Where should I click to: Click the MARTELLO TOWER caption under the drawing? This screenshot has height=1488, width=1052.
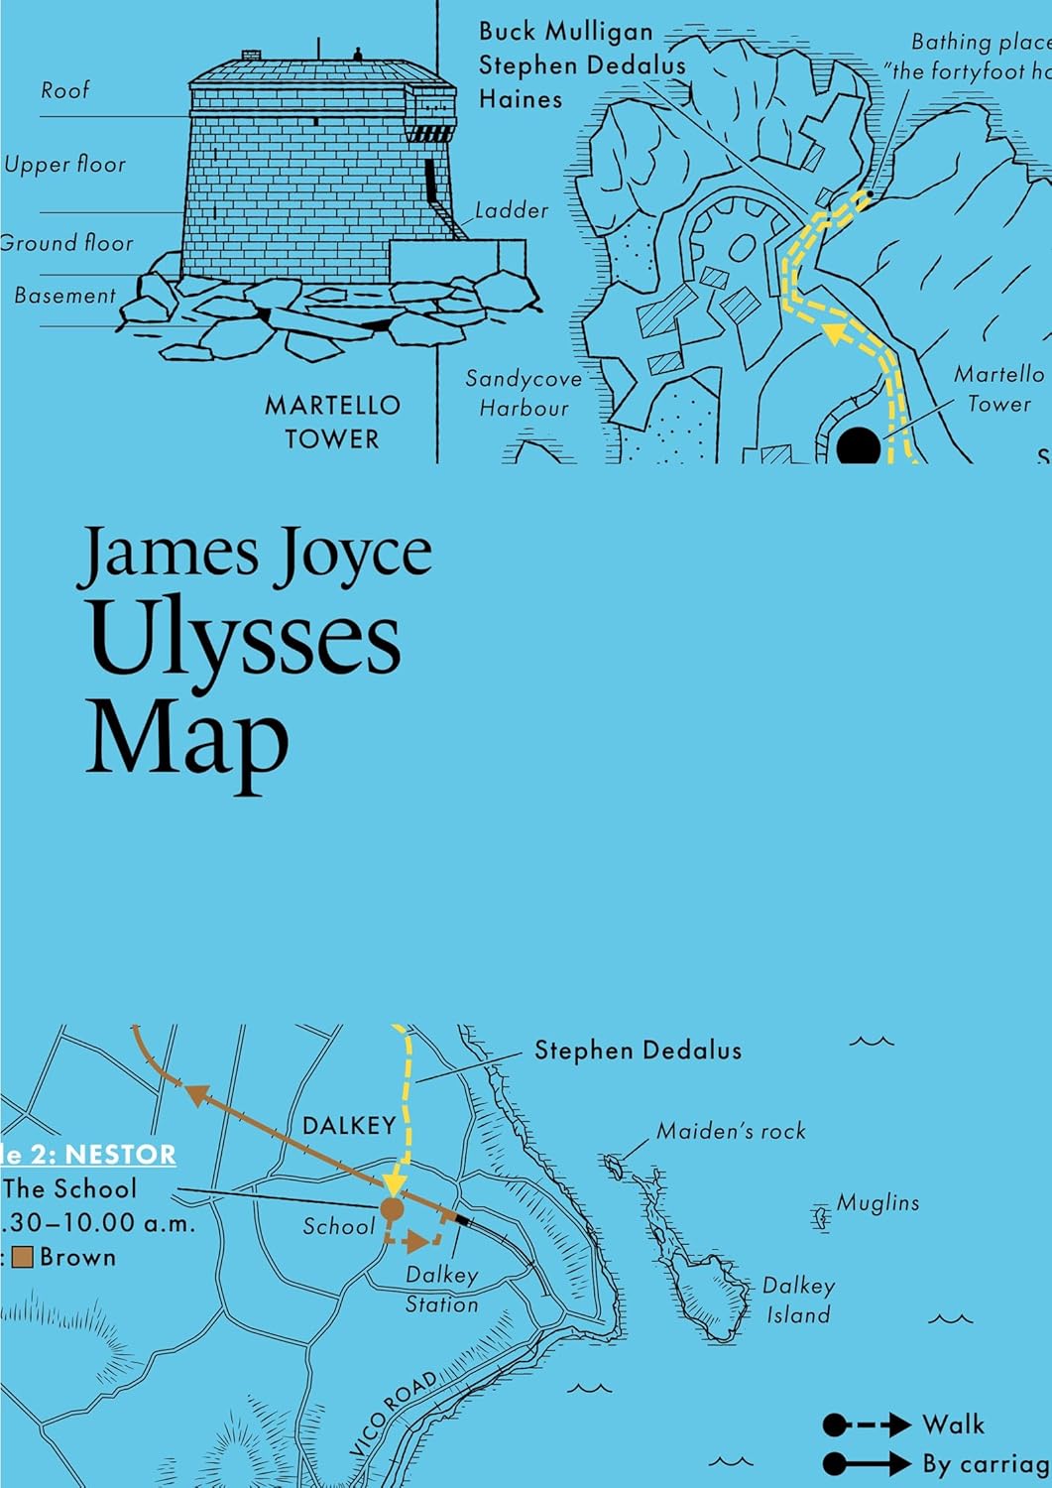(x=332, y=422)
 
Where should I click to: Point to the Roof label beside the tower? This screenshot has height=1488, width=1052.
(x=65, y=90)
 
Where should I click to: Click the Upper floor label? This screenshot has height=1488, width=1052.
(x=65, y=165)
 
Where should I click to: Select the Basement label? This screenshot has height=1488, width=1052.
(x=65, y=296)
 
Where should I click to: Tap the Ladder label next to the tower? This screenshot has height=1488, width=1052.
(x=512, y=210)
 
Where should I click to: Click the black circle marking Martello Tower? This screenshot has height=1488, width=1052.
(x=859, y=445)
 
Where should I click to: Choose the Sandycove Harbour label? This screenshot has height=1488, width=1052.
(x=524, y=393)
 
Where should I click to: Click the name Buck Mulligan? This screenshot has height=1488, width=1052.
(x=566, y=32)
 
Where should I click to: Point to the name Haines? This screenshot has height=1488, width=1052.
(x=521, y=99)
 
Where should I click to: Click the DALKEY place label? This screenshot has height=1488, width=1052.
(x=349, y=1126)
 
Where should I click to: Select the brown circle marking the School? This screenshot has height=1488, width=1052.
(x=392, y=1209)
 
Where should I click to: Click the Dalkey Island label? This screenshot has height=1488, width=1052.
(x=798, y=1301)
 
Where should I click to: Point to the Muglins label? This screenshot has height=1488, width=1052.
(x=878, y=1203)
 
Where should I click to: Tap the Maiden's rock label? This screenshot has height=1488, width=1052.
(x=732, y=1131)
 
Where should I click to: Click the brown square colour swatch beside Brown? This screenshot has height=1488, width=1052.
(x=23, y=1258)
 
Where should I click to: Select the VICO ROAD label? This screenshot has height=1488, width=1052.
(x=395, y=1414)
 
